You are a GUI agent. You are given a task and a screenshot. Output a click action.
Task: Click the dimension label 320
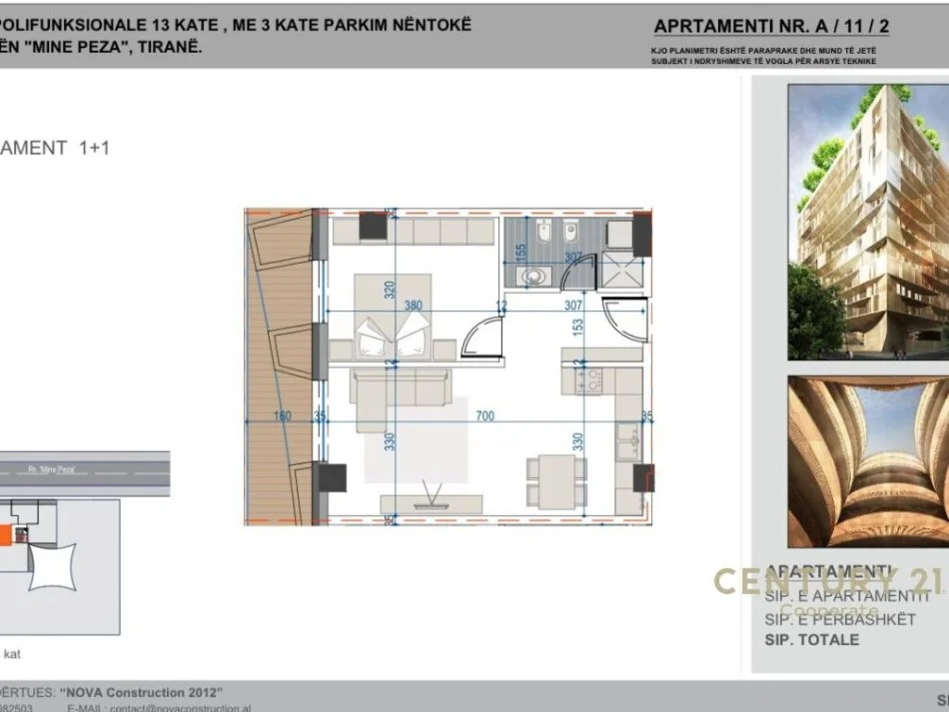click(390, 290)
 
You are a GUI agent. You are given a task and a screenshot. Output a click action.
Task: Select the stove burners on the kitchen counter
click(588, 379)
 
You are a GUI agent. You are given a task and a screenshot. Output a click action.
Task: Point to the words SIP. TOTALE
click(811, 639)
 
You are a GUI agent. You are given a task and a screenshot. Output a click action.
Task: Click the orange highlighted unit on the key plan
click(6, 536)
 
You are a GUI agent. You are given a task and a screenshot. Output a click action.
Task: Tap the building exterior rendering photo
click(867, 222)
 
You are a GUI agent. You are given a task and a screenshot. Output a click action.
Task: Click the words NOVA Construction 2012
click(141, 692)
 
